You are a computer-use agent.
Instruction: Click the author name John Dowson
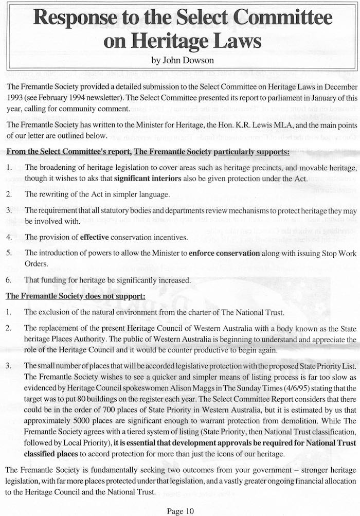180,60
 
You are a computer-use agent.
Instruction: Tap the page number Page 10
180,510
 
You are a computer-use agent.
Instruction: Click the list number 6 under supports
9,281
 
